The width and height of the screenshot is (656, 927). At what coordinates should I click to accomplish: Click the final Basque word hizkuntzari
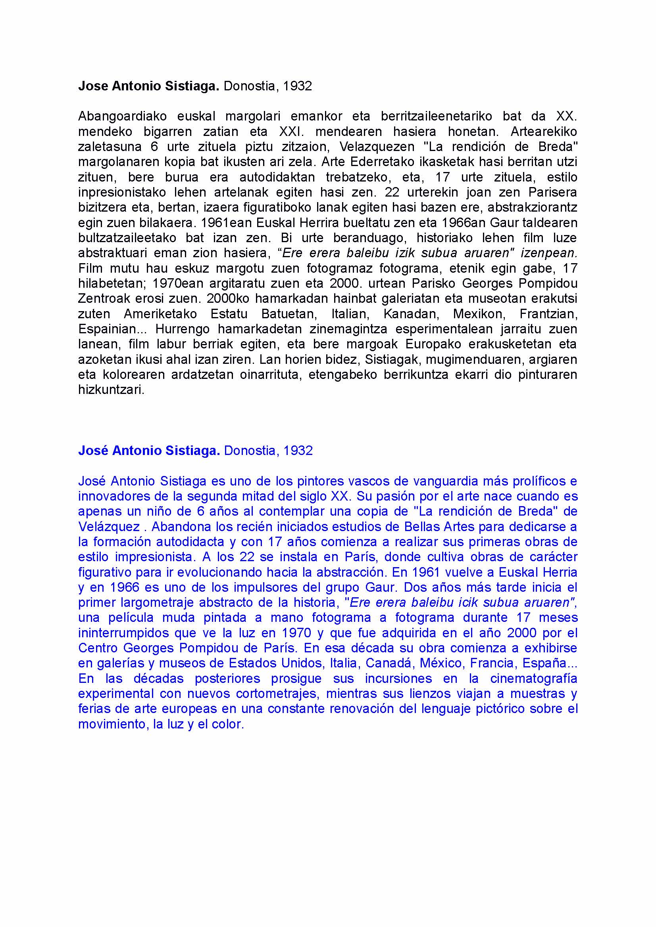coord(111,390)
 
